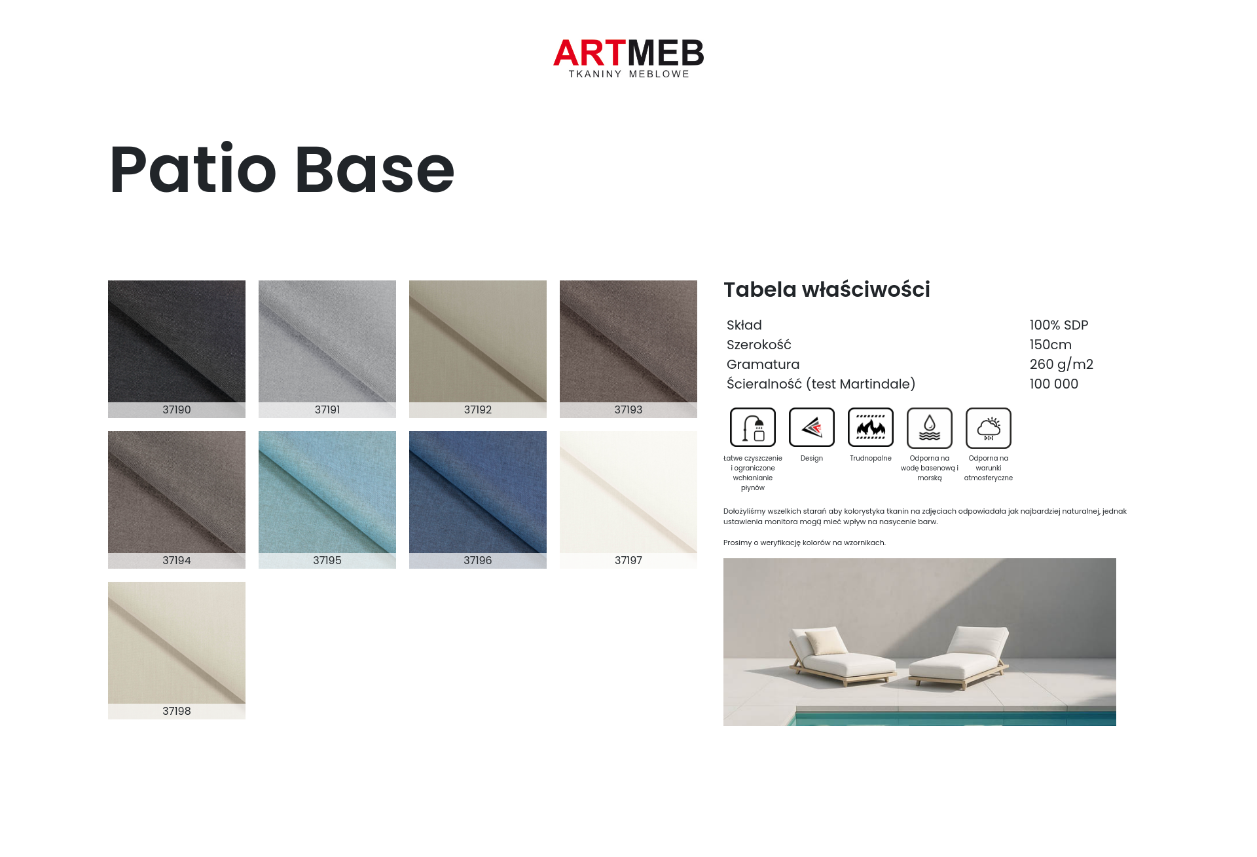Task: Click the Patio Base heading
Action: (x=282, y=170)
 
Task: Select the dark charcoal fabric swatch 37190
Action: (x=177, y=349)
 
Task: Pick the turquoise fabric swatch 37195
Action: (x=327, y=499)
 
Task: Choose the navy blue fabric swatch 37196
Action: (x=478, y=499)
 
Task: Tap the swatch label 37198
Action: (x=177, y=711)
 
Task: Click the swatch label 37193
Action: (x=628, y=409)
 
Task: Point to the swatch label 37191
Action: (x=327, y=409)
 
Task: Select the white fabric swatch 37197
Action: (x=628, y=499)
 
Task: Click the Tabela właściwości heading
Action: (x=827, y=290)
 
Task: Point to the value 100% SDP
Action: (x=1059, y=325)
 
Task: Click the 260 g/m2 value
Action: (x=1061, y=364)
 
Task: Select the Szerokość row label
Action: (x=759, y=345)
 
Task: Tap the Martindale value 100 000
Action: (x=1053, y=384)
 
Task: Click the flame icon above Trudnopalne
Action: (x=871, y=427)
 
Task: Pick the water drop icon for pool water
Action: (x=930, y=427)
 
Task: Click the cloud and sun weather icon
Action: (x=989, y=427)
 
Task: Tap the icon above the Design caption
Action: (x=812, y=427)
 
